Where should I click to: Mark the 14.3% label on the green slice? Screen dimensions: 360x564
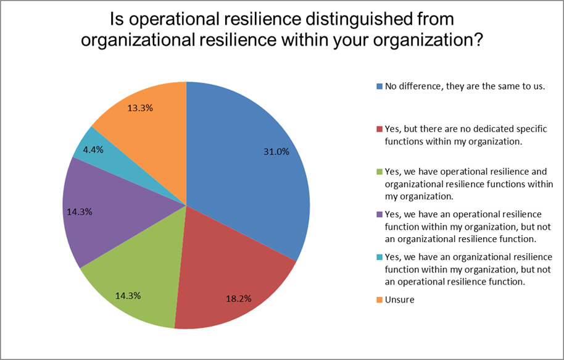point(128,295)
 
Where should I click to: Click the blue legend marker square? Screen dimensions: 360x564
point(379,86)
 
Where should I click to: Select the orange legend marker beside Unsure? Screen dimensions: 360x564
point(379,299)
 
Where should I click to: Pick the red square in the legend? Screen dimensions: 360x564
point(379,128)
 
